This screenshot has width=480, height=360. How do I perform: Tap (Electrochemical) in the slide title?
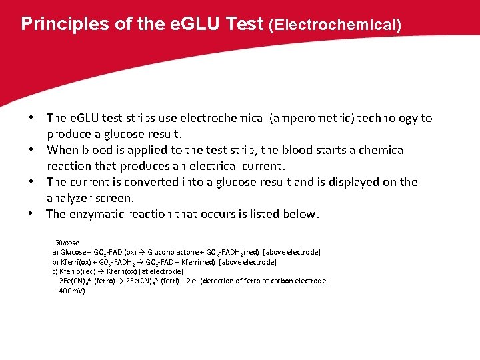(x=335, y=25)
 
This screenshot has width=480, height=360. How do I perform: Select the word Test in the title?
(x=245, y=24)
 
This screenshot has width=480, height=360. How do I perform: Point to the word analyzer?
(x=71, y=198)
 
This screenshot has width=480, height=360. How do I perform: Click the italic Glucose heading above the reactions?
(x=66, y=243)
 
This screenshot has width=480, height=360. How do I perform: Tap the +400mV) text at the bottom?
(x=69, y=291)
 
